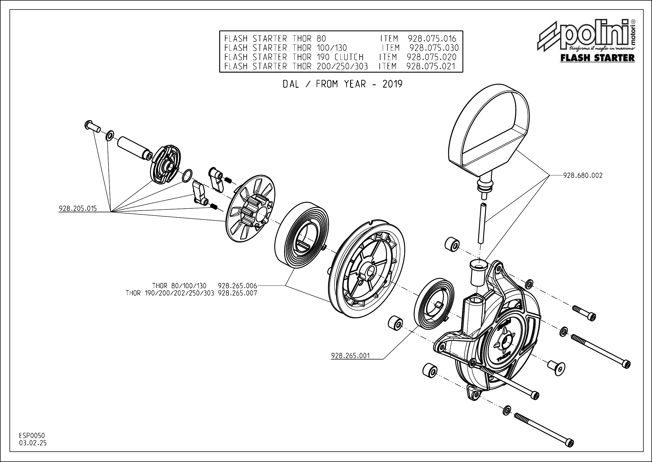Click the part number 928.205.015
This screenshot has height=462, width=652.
coord(77,209)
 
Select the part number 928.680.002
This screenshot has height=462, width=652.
coord(583,175)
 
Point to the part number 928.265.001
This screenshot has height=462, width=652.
coord(350,356)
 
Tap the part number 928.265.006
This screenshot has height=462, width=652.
coord(237,286)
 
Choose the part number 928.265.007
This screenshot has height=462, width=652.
coord(237,293)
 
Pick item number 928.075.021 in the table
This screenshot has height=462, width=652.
coord(431,66)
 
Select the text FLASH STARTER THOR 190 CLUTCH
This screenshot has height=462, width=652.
coord(294,57)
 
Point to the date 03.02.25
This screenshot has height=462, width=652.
coord(33,443)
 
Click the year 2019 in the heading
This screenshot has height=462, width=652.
coord(392,84)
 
